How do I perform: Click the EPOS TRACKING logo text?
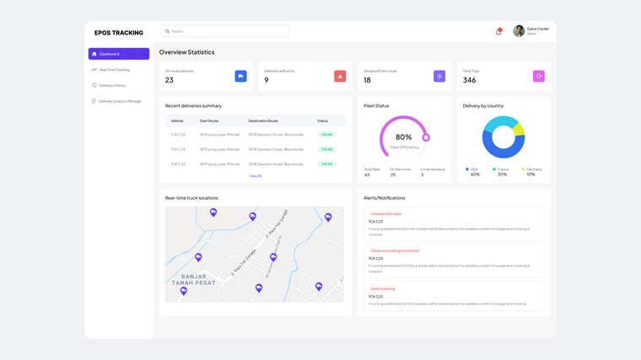coord(119,33)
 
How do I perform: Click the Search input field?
coord(225,31)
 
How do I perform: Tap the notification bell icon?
coord(498,32)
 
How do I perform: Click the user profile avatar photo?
coord(519,31)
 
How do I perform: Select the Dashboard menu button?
coord(119,54)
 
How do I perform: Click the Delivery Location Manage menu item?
coord(119,101)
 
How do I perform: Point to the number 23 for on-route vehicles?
coord(170,80)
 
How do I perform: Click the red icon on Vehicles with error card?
coord(340,76)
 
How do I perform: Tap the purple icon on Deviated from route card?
coord(439,76)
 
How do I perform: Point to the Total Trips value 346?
coord(469,80)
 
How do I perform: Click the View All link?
coord(256,176)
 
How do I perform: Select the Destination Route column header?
coord(263,121)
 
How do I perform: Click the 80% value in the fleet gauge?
coord(404,137)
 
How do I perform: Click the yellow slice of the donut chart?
coord(519,129)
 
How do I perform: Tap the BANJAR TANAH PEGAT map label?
coord(194,279)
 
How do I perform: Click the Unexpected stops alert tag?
coord(386,214)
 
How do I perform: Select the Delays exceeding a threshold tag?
coord(395,250)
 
